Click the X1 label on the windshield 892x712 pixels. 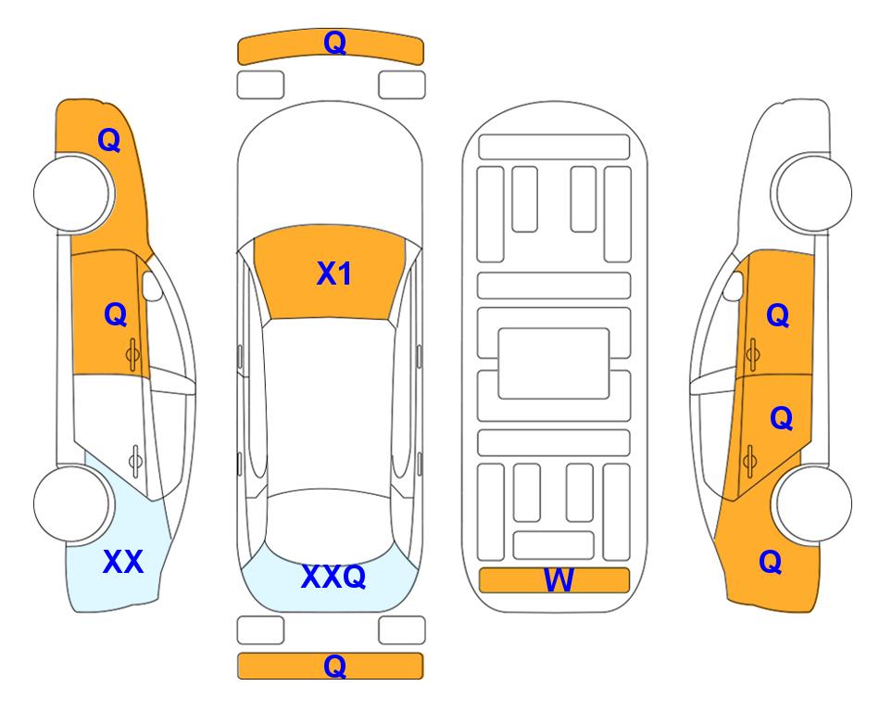pyautogui.click(x=334, y=273)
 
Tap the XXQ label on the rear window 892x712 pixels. pyautogui.click(x=333, y=576)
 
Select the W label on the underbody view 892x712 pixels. pyautogui.click(x=559, y=580)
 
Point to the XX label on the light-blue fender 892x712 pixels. pyautogui.click(x=123, y=562)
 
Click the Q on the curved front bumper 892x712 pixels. pyautogui.click(x=335, y=43)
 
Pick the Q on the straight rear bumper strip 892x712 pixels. pyautogui.click(x=334, y=666)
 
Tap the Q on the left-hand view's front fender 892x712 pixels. pyautogui.click(x=109, y=140)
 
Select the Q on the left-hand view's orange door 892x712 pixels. pyautogui.click(x=116, y=314)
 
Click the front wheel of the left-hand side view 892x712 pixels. pyautogui.click(x=72, y=193)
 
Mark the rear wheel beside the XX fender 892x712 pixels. pyautogui.click(x=72, y=503)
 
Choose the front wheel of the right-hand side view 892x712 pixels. pyautogui.click(x=813, y=193)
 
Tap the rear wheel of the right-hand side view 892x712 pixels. pyautogui.click(x=813, y=503)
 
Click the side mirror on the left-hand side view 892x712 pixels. pyautogui.click(x=151, y=286)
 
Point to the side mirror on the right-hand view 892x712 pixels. pyautogui.click(x=734, y=286)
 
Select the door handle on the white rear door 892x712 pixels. pyautogui.click(x=135, y=461)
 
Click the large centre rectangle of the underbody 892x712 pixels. pyautogui.click(x=554, y=363)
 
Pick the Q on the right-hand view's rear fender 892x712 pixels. pyautogui.click(x=771, y=562)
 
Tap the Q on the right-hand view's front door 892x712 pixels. pyautogui.click(x=778, y=315)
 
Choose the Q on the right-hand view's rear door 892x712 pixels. pyautogui.click(x=781, y=419)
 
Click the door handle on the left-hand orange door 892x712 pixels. pyautogui.click(x=132, y=355)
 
